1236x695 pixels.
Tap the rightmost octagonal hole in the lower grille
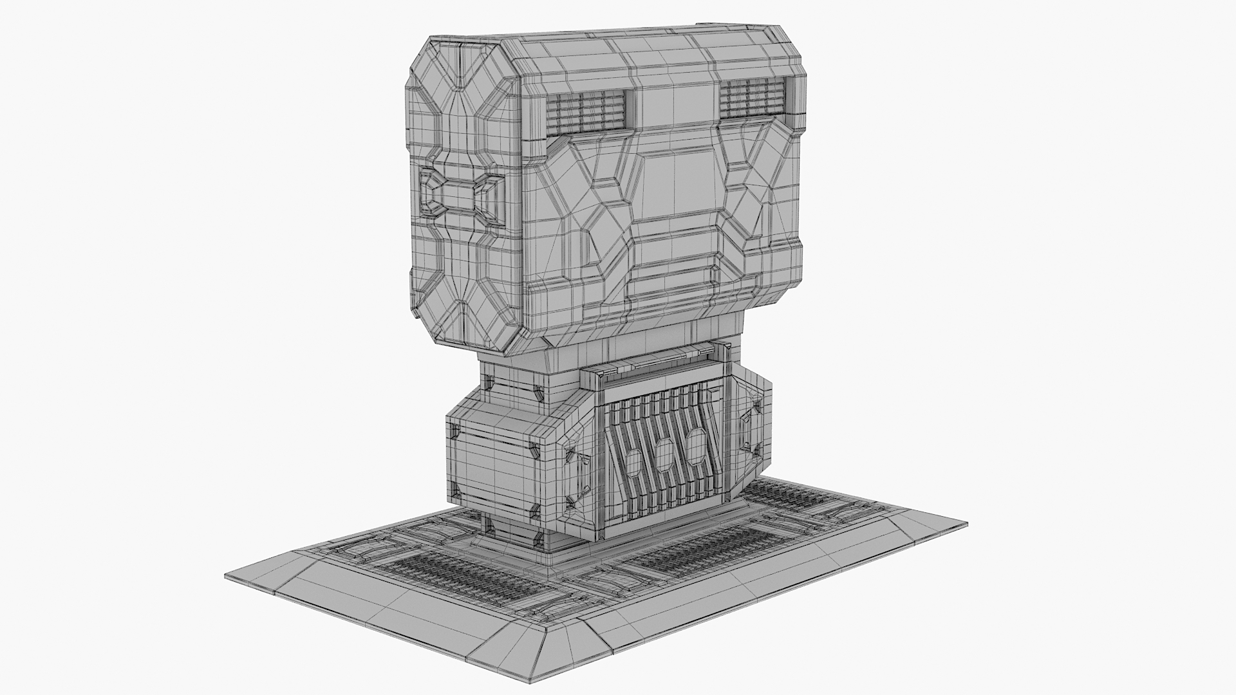(695, 444)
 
